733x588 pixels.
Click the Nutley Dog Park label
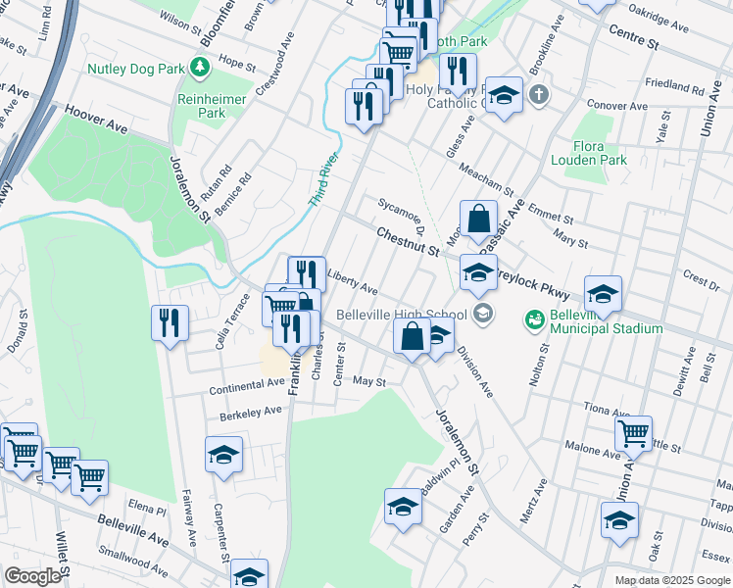point(135,69)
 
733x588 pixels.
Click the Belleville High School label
point(403,315)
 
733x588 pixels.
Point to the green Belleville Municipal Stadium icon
point(534,319)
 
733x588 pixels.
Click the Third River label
point(324,179)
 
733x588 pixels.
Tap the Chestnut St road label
point(408,241)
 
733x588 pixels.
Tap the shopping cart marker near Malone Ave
point(635,431)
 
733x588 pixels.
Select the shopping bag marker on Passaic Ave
point(477,220)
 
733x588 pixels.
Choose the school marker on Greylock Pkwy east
point(603,293)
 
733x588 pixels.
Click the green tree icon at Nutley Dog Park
point(201,67)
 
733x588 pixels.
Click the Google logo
point(33,576)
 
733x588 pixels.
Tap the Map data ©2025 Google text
point(671,580)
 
